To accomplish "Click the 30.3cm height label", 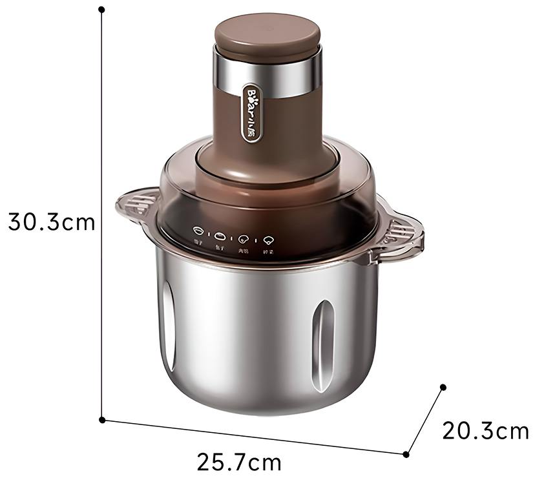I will click(x=52, y=222).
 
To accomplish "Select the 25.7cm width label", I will click(x=239, y=463).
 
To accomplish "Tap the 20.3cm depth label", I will click(x=485, y=430).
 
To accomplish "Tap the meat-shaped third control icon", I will click(x=244, y=238).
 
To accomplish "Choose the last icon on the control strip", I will click(x=267, y=239).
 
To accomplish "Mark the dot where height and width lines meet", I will click(x=102, y=420).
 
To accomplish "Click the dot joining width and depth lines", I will click(x=406, y=454).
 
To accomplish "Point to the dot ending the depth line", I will click(x=443, y=387).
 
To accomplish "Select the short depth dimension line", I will click(x=425, y=421).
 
